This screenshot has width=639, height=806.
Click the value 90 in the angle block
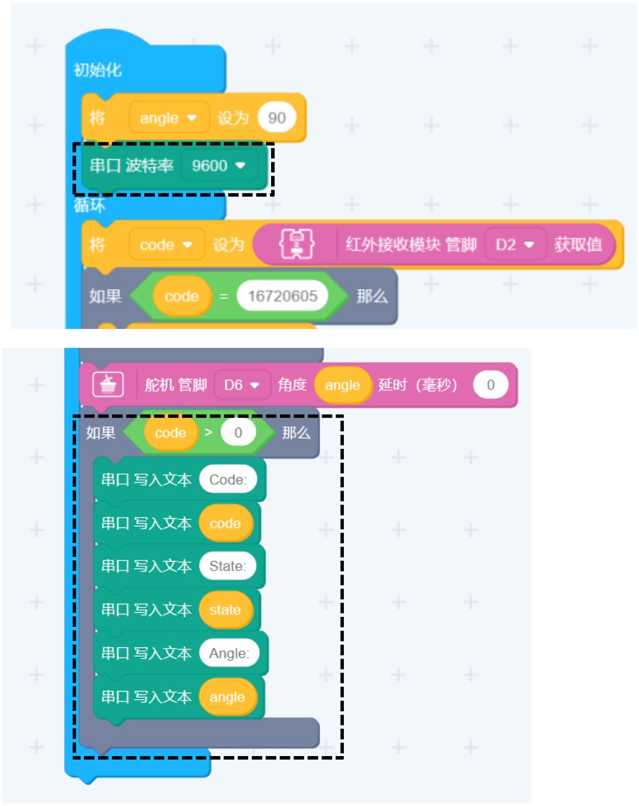[x=276, y=118]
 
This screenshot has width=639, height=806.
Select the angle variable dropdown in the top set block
[x=167, y=118]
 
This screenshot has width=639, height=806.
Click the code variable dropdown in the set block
[x=166, y=244]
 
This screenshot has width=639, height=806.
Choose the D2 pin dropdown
[x=515, y=244]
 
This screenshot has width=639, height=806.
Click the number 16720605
[x=282, y=296]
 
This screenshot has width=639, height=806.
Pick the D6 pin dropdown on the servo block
[x=242, y=385]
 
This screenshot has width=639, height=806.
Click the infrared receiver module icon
[x=296, y=244]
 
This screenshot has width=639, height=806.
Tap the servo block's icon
[x=108, y=385]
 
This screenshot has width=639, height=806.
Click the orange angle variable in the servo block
[x=342, y=385]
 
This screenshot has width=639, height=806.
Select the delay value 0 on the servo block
[x=491, y=385]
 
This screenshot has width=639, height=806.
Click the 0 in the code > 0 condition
[x=238, y=433]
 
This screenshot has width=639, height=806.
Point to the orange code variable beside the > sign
[x=170, y=433]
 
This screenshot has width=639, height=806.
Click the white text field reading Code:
[x=228, y=480]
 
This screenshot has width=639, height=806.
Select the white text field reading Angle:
[x=229, y=653]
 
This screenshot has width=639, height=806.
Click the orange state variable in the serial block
[x=225, y=610]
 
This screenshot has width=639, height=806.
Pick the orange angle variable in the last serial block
[x=227, y=697]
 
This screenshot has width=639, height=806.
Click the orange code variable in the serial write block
[x=225, y=523]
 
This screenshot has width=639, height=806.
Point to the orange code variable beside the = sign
[x=181, y=296]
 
